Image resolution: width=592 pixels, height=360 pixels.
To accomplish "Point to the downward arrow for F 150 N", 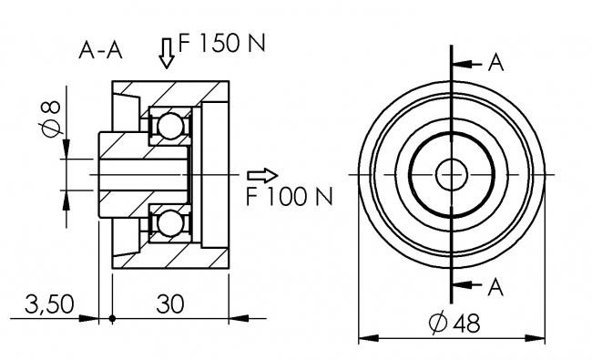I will (166, 55).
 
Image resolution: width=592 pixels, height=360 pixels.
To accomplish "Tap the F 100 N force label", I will (288, 195).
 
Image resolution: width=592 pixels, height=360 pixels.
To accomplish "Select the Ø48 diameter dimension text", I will (454, 323).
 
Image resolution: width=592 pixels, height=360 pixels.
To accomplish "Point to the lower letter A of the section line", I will (495, 287).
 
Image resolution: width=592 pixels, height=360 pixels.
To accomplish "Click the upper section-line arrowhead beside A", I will (460, 65).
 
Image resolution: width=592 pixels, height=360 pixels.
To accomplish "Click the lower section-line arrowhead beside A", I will (460, 285).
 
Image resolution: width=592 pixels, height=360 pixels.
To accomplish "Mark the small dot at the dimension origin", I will (111, 318).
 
